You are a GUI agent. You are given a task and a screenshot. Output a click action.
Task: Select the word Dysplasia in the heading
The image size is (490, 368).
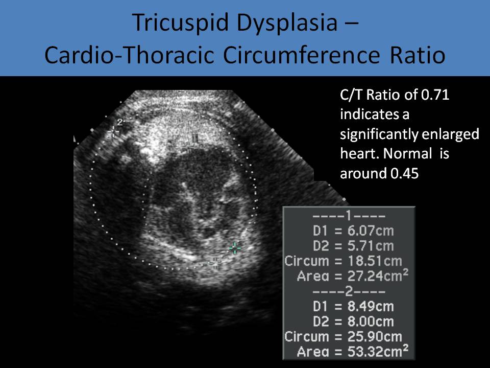[x=287, y=23]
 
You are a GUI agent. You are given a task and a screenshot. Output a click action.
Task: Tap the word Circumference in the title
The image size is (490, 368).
[x=302, y=55]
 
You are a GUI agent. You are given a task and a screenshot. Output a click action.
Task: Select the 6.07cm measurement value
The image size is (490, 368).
[x=371, y=231]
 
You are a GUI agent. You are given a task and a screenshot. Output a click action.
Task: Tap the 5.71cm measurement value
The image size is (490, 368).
[x=371, y=246]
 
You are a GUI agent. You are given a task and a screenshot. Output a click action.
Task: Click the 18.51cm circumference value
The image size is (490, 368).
[x=375, y=261]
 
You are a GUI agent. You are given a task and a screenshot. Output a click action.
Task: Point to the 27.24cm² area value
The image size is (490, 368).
[x=378, y=275]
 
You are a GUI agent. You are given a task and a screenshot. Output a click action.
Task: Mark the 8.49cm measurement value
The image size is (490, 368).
[x=371, y=306]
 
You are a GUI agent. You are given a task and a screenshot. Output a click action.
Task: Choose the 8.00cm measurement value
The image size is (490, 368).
[x=371, y=321]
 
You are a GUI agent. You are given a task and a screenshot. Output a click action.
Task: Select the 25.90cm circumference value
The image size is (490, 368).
[x=375, y=336]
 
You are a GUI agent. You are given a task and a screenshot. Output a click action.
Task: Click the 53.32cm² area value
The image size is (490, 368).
[x=378, y=351]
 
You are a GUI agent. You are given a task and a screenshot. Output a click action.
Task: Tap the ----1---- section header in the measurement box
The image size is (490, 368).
[x=349, y=216]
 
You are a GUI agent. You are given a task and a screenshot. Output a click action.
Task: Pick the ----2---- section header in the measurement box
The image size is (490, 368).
[x=349, y=291]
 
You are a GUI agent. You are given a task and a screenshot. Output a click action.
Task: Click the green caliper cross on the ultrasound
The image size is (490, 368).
[x=235, y=248]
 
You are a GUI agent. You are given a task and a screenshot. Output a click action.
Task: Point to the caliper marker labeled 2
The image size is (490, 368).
[x=113, y=132]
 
